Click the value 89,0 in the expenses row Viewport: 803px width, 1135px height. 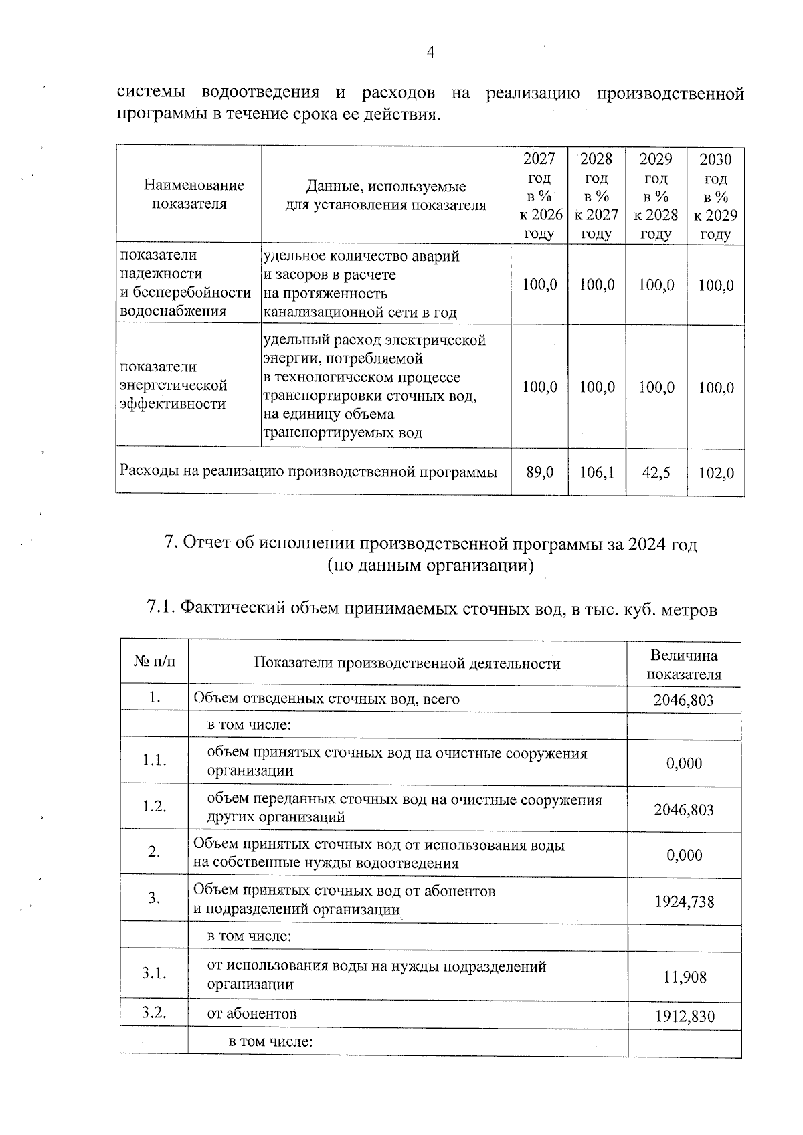pos(539,472)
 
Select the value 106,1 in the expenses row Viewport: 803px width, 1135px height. pos(596,472)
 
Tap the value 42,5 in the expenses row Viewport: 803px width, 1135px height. pos(656,472)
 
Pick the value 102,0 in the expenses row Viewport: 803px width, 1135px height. pos(715,472)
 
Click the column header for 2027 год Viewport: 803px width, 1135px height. pos(539,196)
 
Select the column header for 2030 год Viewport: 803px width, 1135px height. pos(715,196)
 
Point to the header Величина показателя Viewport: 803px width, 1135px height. pos(683,664)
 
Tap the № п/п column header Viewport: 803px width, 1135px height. pos(154,662)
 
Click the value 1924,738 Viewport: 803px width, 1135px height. pos(684,902)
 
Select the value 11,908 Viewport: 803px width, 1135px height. pos(685,977)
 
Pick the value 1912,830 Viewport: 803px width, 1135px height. pos(684,1017)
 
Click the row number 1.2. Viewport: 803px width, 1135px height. pos(154,807)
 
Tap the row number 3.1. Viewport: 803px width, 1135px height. pos(154,974)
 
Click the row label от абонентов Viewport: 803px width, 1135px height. pos(252,1013)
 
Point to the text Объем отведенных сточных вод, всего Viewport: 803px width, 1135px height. pos(326,699)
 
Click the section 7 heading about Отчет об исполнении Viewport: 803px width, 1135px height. pos(430,554)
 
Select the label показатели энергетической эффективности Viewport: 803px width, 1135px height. pos(173,385)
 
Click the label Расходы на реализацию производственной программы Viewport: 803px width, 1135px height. pos(308,472)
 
